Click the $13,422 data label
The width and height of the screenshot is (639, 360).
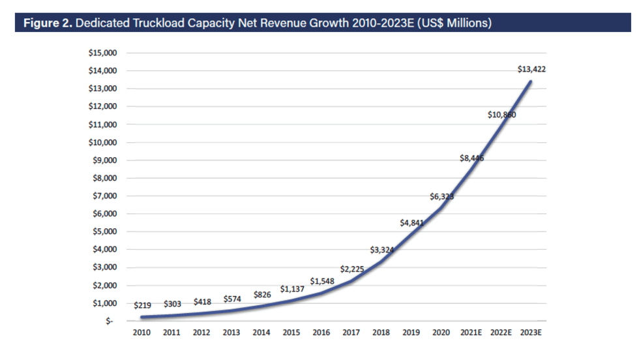point(531,69)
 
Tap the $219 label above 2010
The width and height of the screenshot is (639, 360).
point(143,305)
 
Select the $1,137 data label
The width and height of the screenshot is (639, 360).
point(291,288)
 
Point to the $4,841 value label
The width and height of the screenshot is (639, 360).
point(412,223)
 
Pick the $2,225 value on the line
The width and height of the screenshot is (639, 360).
point(352,269)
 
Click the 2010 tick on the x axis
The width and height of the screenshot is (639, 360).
point(141,333)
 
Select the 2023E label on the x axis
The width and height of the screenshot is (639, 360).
point(531,333)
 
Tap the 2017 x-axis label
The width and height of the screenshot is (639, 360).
point(351,333)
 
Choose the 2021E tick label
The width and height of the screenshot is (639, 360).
point(471,333)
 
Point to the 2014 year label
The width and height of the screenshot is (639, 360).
point(261,333)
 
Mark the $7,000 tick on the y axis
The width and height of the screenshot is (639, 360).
point(104,196)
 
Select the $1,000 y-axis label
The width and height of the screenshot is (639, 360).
point(104,303)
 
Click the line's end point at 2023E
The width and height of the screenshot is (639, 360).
point(531,82)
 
